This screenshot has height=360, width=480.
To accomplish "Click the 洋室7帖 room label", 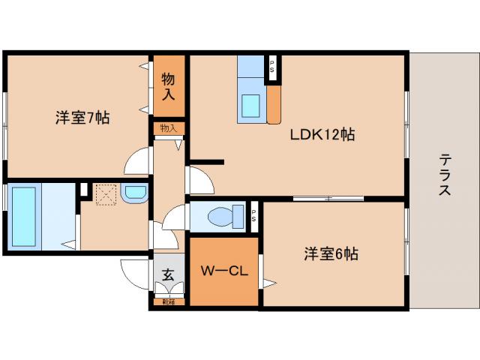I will (x=82, y=118).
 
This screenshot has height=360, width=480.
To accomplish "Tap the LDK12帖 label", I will (x=322, y=135).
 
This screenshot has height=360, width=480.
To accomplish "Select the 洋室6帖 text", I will (x=331, y=253).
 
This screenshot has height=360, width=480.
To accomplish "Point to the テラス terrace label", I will (x=445, y=175).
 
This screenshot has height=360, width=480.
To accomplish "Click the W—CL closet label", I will (x=223, y=270).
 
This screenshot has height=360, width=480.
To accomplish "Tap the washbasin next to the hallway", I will (x=136, y=193).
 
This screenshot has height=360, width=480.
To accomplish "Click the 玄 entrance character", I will (x=168, y=275).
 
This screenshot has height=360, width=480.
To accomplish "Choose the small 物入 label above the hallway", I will (x=168, y=128).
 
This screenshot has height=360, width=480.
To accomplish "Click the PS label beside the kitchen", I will (x=272, y=65).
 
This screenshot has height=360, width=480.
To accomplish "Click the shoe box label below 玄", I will (x=168, y=302).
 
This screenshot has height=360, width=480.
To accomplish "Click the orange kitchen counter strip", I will (x=274, y=102).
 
